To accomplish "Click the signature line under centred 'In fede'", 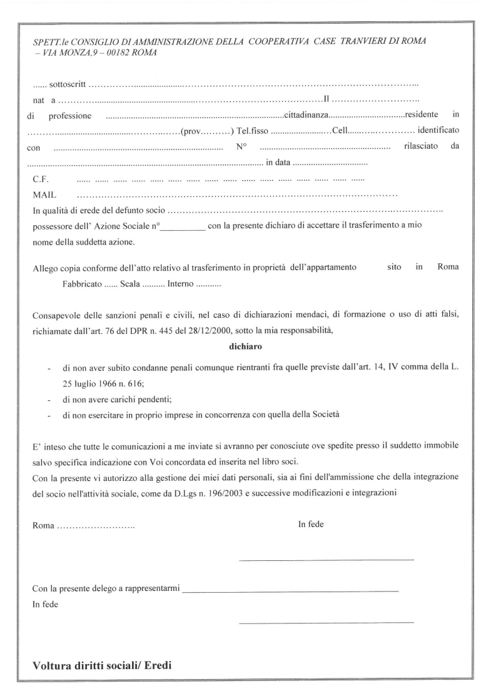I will click(x=326, y=558).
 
